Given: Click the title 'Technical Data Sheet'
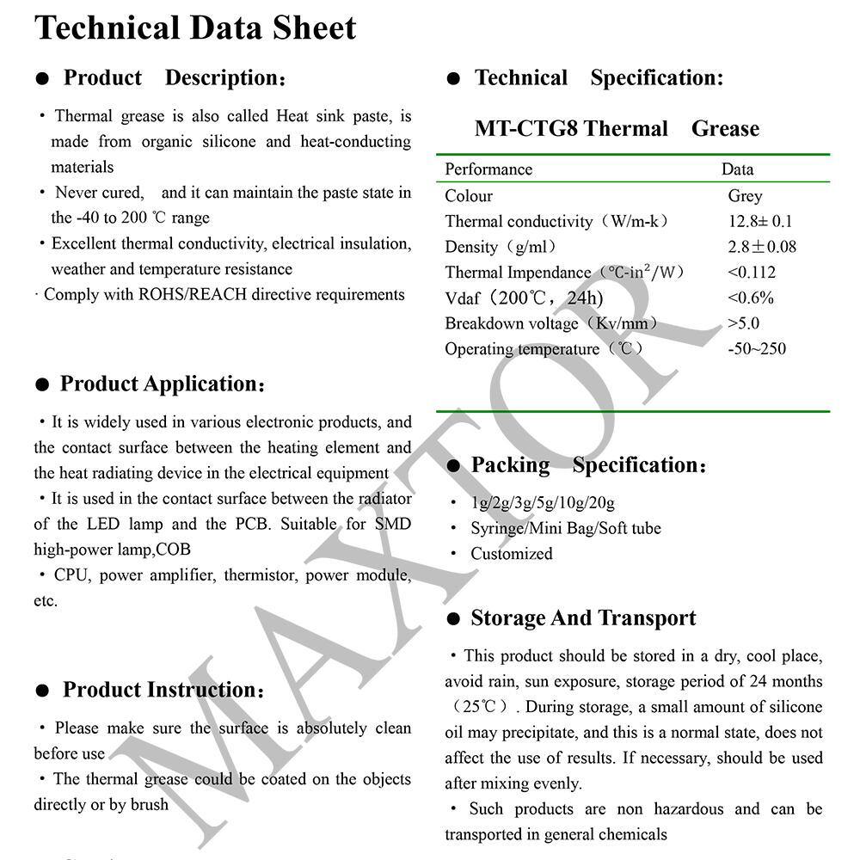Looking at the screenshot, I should (x=195, y=28).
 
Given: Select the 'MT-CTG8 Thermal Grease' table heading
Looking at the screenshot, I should (x=617, y=129).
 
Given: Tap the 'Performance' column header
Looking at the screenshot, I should (x=488, y=169).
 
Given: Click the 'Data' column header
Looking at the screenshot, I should (x=737, y=169).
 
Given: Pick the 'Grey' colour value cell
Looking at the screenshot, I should (x=745, y=196).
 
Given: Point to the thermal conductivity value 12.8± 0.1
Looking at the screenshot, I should (x=760, y=221).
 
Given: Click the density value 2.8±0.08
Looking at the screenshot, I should (x=762, y=247).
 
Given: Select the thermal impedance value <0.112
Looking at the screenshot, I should (x=752, y=273).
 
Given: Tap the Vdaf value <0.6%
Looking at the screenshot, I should (x=751, y=298).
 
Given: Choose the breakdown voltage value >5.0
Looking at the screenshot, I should (x=743, y=323).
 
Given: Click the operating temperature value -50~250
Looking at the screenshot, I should (x=757, y=349).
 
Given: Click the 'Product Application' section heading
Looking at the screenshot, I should (x=161, y=384).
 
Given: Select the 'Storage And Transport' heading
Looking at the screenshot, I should (x=583, y=618).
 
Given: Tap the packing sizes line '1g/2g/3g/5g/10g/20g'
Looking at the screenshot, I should (x=542, y=503).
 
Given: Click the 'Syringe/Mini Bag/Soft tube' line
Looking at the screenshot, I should (x=565, y=528).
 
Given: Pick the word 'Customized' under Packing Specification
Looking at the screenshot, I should (x=511, y=554).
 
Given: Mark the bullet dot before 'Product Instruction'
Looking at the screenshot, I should (x=42, y=691).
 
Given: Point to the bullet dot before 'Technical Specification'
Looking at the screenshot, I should (x=453, y=80).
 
